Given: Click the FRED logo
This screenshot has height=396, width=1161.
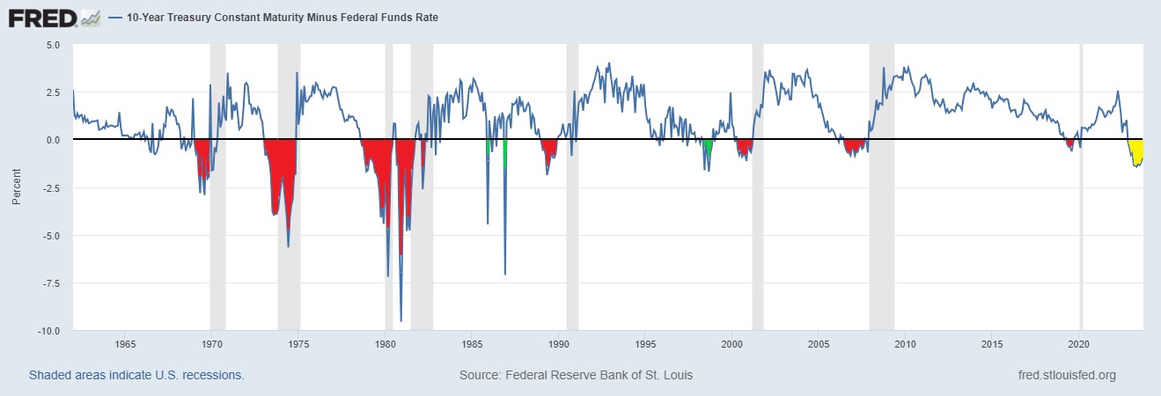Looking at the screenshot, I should [x=53, y=17].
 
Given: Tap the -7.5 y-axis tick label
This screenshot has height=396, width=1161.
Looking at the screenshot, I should [x=49, y=283].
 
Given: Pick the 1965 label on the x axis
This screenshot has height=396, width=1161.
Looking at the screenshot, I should [x=125, y=343].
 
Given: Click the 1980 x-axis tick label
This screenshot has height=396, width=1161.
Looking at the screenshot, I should [x=386, y=343].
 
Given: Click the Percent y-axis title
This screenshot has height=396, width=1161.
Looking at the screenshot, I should [x=16, y=187].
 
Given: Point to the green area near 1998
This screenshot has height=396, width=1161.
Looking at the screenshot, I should [x=707, y=148].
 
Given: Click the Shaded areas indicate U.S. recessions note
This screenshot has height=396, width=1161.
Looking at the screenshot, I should [x=136, y=375].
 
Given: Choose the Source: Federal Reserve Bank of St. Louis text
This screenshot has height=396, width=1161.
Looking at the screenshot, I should [x=576, y=375].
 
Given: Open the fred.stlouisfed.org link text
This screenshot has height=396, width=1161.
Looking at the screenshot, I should [x=1065, y=375].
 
